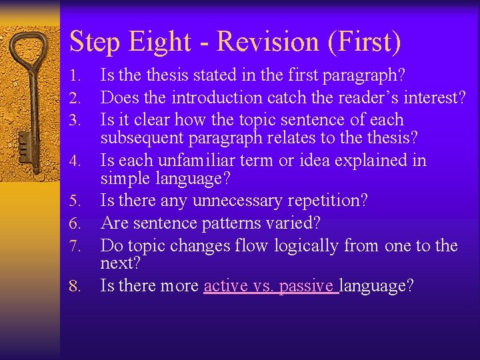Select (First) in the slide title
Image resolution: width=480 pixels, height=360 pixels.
tap(364, 42)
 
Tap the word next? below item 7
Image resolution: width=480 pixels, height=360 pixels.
tap(120, 263)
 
